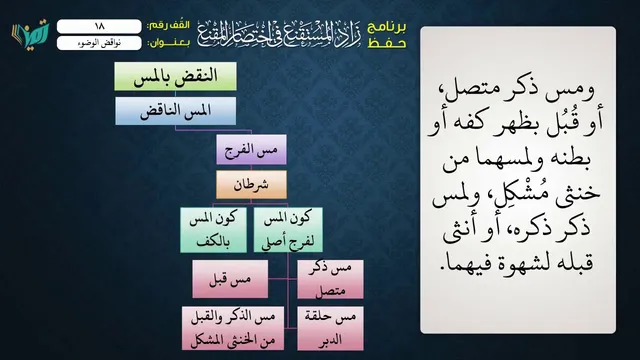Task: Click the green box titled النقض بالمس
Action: (x=176, y=76)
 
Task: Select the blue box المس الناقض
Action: (x=176, y=111)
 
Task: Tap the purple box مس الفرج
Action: (x=251, y=150)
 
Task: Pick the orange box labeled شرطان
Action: (x=251, y=185)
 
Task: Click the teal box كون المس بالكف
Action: (x=213, y=230)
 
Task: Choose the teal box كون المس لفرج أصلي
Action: (x=288, y=230)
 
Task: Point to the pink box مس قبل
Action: (x=230, y=279)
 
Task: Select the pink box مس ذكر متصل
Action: (x=330, y=279)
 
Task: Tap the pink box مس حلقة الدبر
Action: (x=330, y=329)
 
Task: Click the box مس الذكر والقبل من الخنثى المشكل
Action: (x=233, y=329)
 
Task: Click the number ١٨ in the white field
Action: (x=99, y=26)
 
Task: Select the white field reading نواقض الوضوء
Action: (x=99, y=43)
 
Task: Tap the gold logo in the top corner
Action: (x=31, y=34)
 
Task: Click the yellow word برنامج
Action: (x=387, y=27)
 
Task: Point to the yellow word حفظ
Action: (x=387, y=43)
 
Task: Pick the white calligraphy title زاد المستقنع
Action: (x=279, y=33)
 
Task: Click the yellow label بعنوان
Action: (x=168, y=43)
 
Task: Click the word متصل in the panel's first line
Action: (x=464, y=92)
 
